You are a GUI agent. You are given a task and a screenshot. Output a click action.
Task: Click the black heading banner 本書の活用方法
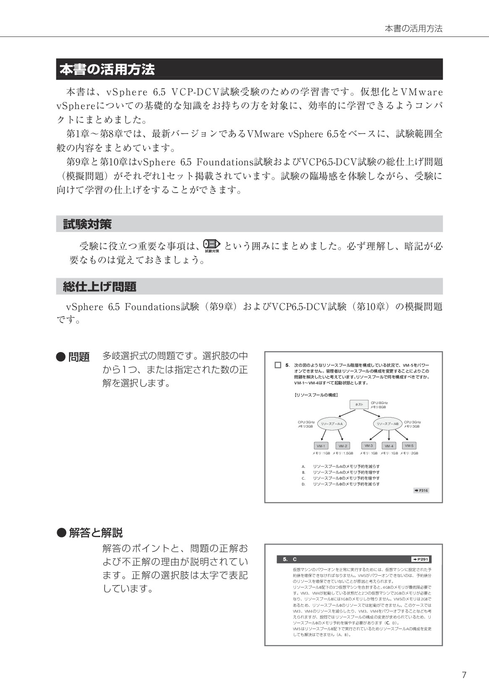249,69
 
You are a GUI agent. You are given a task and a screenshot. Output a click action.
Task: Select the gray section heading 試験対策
249,224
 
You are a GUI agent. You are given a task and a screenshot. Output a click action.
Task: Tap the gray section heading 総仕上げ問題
249,287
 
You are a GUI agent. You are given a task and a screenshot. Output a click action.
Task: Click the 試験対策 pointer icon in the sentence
212,245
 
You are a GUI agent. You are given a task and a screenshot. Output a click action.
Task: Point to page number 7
464,675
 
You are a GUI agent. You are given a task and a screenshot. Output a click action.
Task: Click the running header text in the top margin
413,29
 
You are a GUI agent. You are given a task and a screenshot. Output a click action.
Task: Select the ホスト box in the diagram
359,404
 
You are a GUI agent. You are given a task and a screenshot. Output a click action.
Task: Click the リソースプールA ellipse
332,424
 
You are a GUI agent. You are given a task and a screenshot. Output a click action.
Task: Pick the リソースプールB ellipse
387,424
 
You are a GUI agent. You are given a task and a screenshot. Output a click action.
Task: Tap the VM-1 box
321,446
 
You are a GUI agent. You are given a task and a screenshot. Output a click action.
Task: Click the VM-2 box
343,446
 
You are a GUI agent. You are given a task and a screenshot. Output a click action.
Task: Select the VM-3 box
369,446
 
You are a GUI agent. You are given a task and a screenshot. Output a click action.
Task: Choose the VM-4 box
389,446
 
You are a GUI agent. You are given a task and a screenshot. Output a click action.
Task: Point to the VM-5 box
409,446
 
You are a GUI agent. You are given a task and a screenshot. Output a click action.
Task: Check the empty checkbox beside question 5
277,365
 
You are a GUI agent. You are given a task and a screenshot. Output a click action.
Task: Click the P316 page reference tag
421,490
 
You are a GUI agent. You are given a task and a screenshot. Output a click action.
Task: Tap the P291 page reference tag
421,559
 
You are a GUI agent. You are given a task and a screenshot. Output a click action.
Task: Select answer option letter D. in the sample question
303,484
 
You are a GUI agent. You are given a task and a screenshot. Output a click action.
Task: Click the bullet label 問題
79,357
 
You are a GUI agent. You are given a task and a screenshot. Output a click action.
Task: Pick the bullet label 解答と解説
95,533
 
